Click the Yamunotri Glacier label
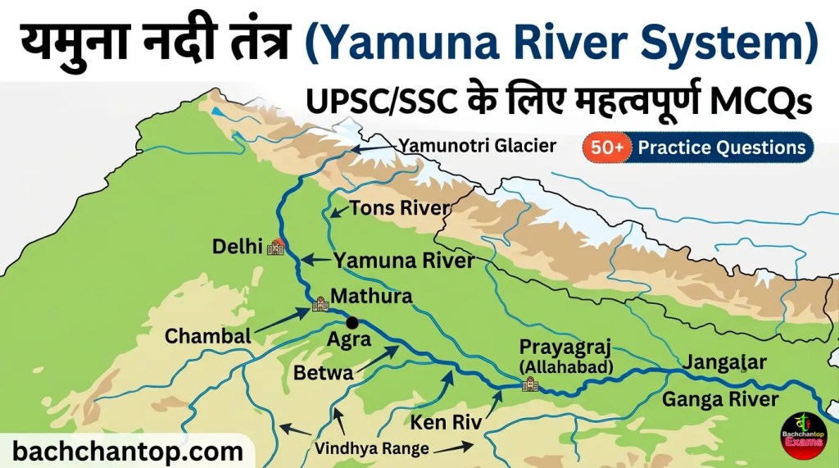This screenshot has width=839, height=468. coord(477,146)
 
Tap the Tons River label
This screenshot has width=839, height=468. coord(399,208)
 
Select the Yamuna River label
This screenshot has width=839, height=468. coord(403,261)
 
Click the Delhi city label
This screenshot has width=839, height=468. coord(236,246)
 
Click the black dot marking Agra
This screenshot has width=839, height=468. coord(352,323)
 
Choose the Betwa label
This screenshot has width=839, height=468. coord(323,374)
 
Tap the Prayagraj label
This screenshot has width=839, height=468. coord(565,348)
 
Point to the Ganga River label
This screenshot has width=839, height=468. coord(719,399)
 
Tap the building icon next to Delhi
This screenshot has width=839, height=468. coord(278,246)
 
